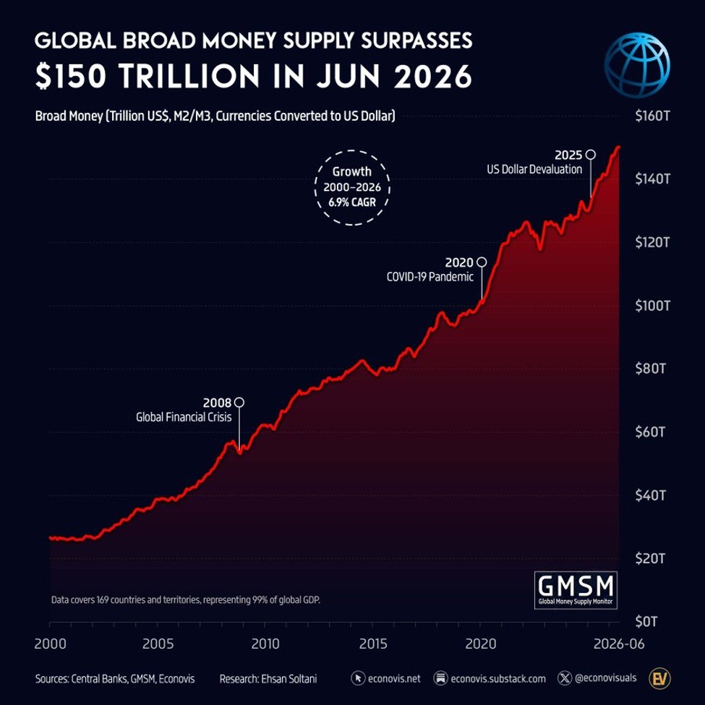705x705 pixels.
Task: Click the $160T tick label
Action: coord(652,116)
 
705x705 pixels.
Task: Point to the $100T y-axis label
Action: coord(652,306)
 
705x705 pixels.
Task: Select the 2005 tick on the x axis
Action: coord(158,644)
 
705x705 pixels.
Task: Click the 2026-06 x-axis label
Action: coord(619,644)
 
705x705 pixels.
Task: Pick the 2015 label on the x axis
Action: coord(373,644)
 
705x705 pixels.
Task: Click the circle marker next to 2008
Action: coord(239,402)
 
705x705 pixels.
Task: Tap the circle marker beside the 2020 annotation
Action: coord(482,262)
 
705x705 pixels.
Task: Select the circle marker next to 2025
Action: coord(591,155)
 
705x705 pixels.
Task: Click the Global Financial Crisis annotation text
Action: coord(184,417)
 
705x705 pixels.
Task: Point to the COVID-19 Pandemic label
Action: coord(430,276)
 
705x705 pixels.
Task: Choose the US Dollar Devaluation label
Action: coord(534,169)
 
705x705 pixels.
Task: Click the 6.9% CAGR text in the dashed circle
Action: coord(352,202)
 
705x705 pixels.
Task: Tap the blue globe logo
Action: coord(636,65)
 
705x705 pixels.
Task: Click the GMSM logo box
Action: coord(576,590)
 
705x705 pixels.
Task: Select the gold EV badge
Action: coord(659,678)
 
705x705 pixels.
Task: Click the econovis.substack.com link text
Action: coord(498,678)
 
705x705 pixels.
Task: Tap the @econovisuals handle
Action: coord(606,678)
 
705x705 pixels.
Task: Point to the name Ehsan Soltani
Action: coord(289,678)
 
